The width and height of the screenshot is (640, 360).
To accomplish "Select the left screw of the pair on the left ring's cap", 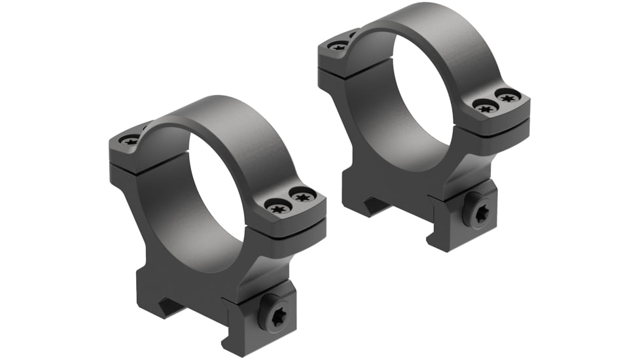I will [279, 207].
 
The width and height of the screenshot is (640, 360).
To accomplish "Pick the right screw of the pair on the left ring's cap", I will [302, 195].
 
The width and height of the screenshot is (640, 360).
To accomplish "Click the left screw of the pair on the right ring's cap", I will [485, 107].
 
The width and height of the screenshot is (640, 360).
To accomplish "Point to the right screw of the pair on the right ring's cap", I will [507, 96].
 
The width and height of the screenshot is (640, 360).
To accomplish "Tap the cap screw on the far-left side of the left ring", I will [130, 139].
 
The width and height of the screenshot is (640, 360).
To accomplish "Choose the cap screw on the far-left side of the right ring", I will [339, 45].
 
